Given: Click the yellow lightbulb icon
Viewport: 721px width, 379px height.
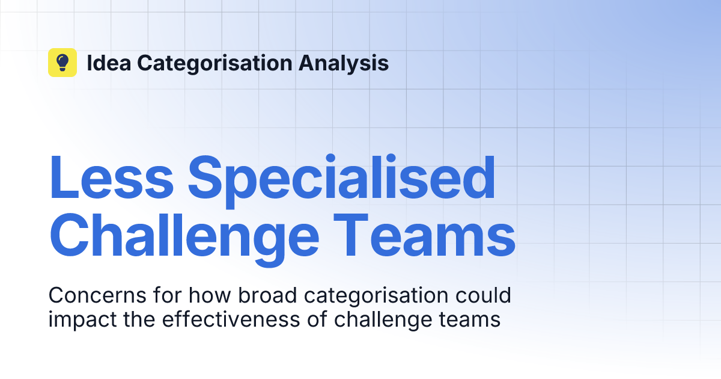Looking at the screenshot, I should click(62, 63).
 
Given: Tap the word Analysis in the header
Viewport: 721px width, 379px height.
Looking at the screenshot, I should click(355, 63).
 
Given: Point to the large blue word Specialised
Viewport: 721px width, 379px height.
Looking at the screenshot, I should click(345, 179).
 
